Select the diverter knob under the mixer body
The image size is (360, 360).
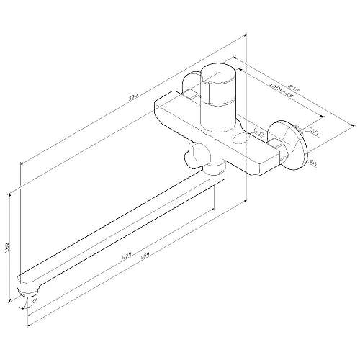click(193, 153)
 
